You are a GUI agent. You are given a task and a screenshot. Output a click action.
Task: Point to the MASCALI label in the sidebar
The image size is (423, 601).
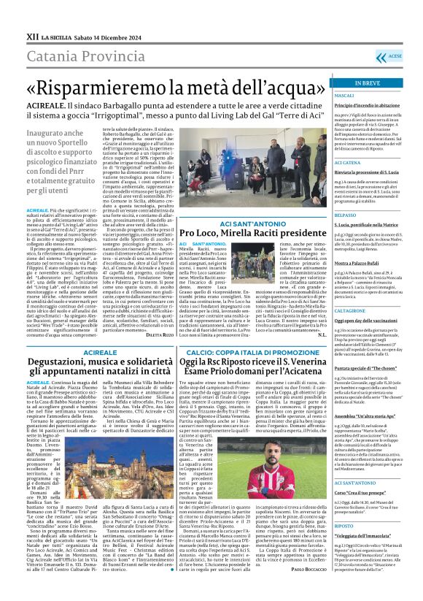click(344, 96)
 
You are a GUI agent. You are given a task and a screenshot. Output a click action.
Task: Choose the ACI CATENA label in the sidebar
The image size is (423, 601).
click(348, 162)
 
